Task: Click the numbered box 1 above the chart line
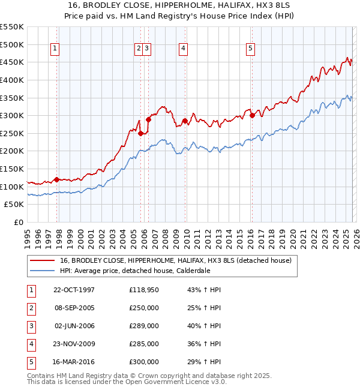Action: [x=55, y=49]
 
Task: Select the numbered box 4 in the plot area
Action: [x=182, y=49]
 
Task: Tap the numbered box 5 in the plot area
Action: [x=250, y=49]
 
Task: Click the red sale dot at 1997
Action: [x=57, y=179]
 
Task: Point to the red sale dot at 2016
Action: [x=252, y=115]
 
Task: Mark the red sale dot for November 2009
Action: [x=185, y=121]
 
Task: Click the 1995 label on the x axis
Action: [x=28, y=235]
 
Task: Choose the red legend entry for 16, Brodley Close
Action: [x=175, y=260]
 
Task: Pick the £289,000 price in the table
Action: [x=144, y=326]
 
